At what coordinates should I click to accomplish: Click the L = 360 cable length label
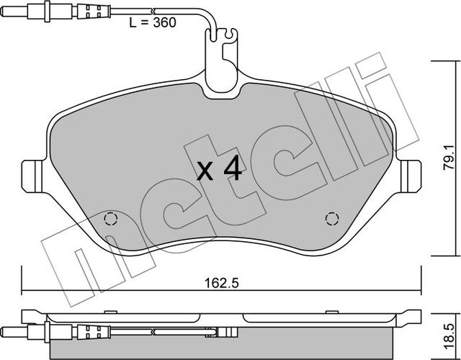(153, 22)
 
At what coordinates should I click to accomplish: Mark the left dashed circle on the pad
(110, 219)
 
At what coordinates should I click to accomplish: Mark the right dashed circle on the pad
(332, 218)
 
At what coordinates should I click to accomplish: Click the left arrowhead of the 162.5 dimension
(26, 292)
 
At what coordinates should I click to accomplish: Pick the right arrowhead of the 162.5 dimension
(419, 292)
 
